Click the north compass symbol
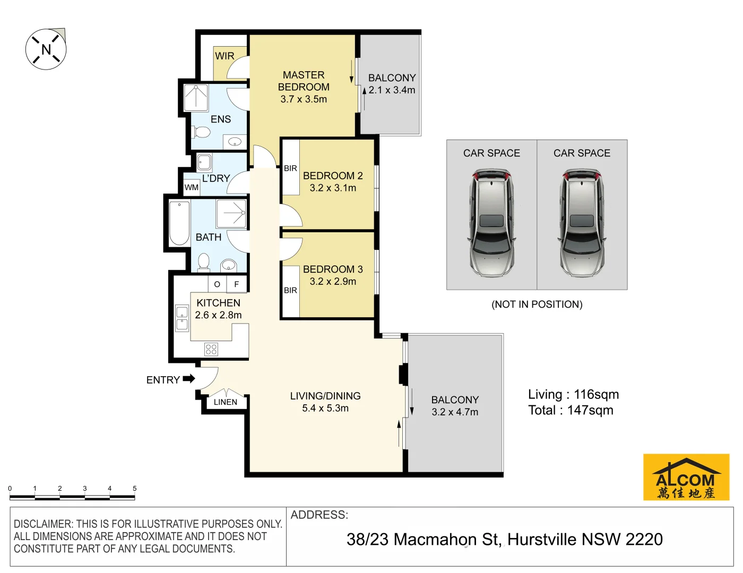pyautogui.click(x=46, y=49)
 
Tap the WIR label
pyautogui.click(x=224, y=56)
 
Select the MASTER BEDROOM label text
pyautogui.click(x=304, y=81)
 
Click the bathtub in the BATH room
pyautogui.click(x=179, y=223)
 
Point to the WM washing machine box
pyautogui.click(x=192, y=187)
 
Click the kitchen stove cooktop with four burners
pyautogui.click(x=211, y=349)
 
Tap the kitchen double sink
pyautogui.click(x=182, y=318)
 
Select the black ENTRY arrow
pyautogui.click(x=189, y=379)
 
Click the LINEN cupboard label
pyautogui.click(x=226, y=402)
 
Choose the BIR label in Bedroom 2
pyautogui.click(x=290, y=168)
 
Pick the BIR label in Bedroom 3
pyautogui.click(x=290, y=290)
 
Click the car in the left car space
pyautogui.click(x=491, y=223)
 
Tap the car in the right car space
pyautogui.click(x=582, y=223)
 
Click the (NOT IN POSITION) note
pyautogui.click(x=537, y=304)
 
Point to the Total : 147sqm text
pyautogui.click(x=571, y=410)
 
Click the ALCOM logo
pyautogui.click(x=686, y=477)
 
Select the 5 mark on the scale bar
pyautogui.click(x=134, y=488)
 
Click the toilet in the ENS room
pyautogui.click(x=202, y=132)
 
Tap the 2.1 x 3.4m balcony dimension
pyautogui.click(x=392, y=90)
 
